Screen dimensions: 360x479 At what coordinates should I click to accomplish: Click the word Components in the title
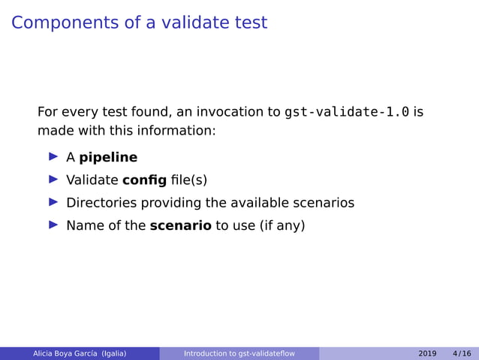tap(65, 23)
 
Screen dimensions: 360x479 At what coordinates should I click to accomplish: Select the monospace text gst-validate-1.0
tap(347, 113)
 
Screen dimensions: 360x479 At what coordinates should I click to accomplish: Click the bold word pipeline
tap(108, 158)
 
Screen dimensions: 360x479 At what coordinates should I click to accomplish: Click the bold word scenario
tap(180, 225)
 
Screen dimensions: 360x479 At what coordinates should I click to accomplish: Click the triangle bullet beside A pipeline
tap(53, 157)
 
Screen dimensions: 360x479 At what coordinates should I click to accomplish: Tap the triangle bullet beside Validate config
tap(53, 180)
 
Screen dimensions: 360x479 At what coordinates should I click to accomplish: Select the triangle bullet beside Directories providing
tap(53, 202)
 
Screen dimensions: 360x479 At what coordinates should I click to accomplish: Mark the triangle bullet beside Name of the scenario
tap(53, 225)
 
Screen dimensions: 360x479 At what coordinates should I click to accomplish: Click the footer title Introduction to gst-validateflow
tap(239, 353)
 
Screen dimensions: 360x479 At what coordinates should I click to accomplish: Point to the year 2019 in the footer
tap(427, 353)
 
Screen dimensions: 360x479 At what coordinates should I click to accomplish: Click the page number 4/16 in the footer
tap(462, 353)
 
